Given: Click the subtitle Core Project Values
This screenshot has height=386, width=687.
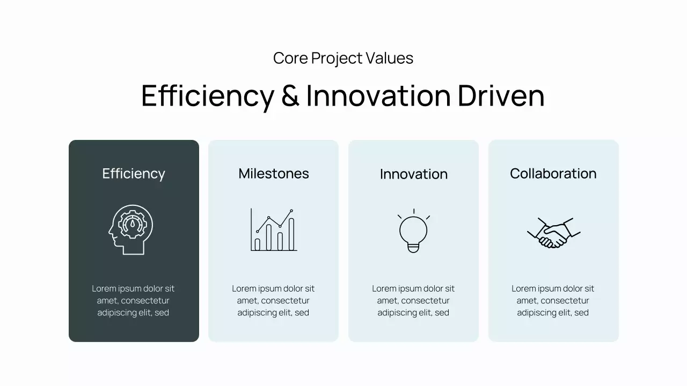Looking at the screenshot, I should click(x=343, y=58).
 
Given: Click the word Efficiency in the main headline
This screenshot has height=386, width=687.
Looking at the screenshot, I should click(x=207, y=95).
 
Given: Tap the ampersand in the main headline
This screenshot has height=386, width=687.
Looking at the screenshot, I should click(x=290, y=95).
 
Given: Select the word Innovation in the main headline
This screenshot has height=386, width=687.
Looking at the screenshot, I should click(x=378, y=95).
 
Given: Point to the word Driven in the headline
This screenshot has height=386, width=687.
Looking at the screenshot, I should click(x=501, y=95).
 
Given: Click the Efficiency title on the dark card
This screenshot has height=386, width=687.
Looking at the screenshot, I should click(x=134, y=174).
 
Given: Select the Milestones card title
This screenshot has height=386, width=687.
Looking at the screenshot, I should click(x=274, y=174).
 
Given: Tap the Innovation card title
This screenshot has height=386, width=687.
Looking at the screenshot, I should click(x=413, y=174).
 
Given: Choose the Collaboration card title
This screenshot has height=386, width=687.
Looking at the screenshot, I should click(x=553, y=174).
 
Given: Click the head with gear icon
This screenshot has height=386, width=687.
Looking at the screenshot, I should click(x=130, y=229).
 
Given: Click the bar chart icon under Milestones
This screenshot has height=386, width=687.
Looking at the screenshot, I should click(x=274, y=230).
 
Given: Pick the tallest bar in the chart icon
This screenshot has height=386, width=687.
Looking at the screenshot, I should click(x=291, y=234).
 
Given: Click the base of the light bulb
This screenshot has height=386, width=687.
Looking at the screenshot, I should click(x=413, y=248).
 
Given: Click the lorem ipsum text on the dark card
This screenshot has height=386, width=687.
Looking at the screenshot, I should click(x=133, y=301).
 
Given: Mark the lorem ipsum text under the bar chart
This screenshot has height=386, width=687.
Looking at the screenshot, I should click(x=273, y=301).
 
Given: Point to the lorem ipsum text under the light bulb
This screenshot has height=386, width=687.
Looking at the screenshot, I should click(x=413, y=301).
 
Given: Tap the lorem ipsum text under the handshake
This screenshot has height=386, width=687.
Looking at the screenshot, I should click(x=553, y=301).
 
